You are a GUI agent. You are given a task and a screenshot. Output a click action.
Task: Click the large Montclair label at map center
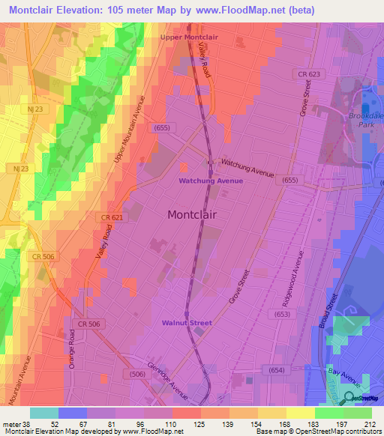click(192, 214)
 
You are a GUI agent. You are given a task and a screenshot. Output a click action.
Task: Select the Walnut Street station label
click(187, 323)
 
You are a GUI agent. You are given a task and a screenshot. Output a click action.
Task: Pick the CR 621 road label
click(110, 217)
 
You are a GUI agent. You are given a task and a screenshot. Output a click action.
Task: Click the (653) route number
click(281, 315)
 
